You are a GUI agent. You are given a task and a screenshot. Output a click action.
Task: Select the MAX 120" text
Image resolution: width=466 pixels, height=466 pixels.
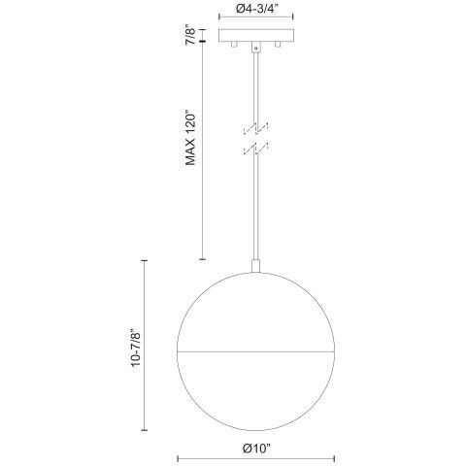(190, 139)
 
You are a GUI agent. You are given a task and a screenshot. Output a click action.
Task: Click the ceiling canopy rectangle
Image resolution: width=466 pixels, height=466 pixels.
(255, 37)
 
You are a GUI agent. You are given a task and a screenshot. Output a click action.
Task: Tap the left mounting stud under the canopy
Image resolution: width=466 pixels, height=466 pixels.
(233, 49)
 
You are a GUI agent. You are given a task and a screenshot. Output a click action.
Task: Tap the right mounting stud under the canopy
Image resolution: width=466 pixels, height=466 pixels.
(277, 49)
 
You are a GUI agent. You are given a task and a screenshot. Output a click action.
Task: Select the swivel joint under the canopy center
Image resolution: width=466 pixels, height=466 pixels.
(255, 49)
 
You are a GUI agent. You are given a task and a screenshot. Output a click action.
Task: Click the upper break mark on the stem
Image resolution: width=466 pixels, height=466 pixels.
(255, 127)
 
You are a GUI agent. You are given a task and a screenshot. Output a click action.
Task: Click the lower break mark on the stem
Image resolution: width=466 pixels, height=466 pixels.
(255, 149)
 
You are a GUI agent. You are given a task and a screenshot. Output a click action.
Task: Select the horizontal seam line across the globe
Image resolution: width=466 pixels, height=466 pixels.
(255, 344)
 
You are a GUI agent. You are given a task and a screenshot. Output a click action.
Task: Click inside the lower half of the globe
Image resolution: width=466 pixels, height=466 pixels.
(255, 383)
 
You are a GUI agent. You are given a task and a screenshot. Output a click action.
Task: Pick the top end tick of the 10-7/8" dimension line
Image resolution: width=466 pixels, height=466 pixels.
(145, 260)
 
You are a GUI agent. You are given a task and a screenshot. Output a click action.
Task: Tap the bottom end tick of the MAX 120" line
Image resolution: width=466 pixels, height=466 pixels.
(201, 259)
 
